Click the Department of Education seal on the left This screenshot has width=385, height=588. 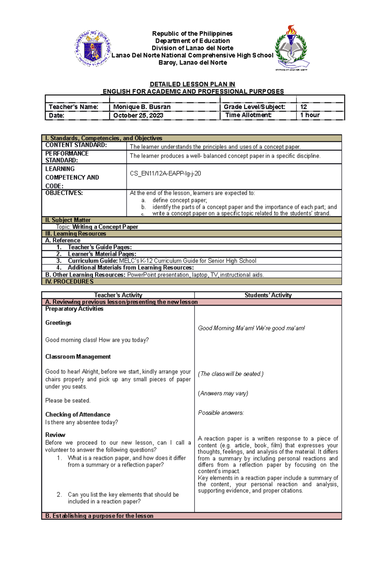point(93,48)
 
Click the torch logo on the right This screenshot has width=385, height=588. point(292,47)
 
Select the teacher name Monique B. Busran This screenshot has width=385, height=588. point(142,107)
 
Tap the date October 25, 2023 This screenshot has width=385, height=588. point(138,115)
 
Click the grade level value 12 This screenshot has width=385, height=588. point(304,107)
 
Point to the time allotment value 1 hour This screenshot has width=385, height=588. point(310,115)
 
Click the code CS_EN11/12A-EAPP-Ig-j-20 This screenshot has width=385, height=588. point(165,174)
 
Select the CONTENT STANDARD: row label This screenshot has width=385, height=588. point(76,145)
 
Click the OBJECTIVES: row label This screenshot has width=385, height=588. point(64,193)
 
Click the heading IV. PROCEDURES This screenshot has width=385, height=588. point(69,282)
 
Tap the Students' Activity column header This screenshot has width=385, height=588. point(268,295)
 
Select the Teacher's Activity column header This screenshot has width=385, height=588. point(118,295)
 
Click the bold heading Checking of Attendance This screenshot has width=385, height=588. point(78,415)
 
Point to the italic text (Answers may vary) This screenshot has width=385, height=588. point(223,393)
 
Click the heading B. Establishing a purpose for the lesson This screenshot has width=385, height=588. point(99,516)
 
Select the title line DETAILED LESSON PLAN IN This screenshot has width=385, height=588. point(193,84)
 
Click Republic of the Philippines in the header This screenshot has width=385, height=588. point(192,34)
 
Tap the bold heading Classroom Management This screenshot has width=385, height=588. point(78,357)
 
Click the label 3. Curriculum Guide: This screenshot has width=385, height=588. point(87,261)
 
